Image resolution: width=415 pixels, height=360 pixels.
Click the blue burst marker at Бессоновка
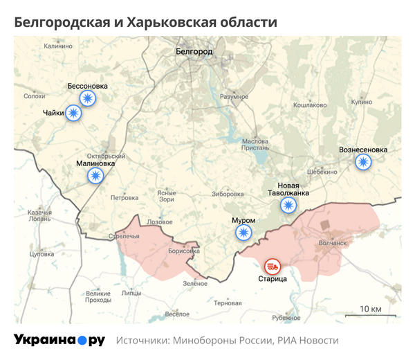(87, 99)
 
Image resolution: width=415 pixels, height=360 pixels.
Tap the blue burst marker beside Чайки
(73, 113)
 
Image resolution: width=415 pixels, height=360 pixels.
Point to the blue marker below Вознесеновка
(362, 162)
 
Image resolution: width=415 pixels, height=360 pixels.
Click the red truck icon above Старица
(271, 266)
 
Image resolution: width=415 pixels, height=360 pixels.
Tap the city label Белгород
(194, 52)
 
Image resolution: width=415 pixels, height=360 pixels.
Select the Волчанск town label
(333, 243)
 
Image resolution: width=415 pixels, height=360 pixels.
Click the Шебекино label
(322, 172)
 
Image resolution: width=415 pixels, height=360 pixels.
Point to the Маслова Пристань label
(255, 144)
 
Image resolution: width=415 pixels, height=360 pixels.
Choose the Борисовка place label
(183, 251)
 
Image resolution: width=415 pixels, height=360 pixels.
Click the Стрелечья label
(124, 236)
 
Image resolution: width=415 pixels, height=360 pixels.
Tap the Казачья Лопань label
(39, 215)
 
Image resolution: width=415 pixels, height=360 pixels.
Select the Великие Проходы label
(98, 297)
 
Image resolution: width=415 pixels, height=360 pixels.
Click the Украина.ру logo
(59, 341)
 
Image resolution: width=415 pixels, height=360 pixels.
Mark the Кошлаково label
(310, 105)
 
